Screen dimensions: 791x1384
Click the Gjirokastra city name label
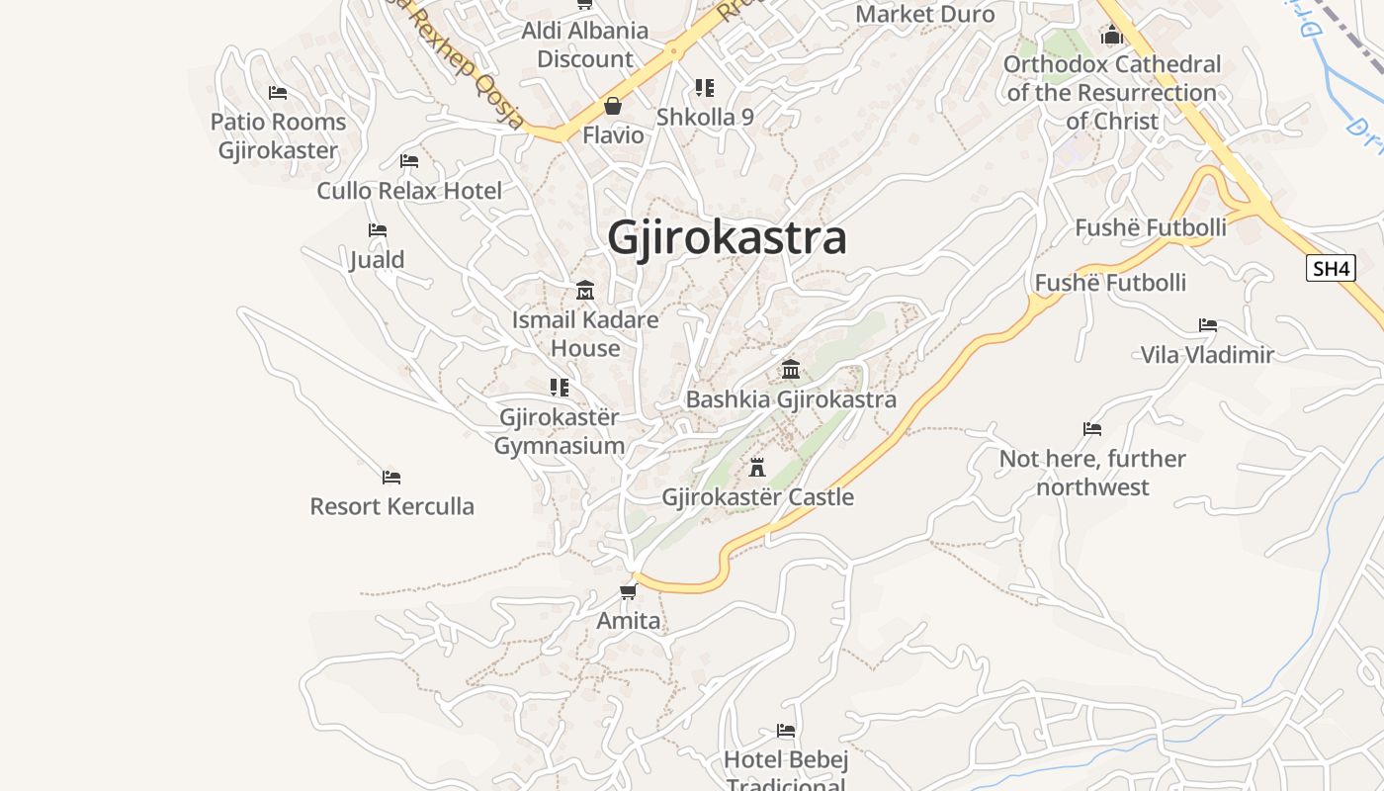click(x=727, y=238)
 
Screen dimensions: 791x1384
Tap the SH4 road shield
click(x=1330, y=268)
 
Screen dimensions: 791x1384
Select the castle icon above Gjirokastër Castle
click(x=757, y=467)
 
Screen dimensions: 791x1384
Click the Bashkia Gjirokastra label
click(x=791, y=399)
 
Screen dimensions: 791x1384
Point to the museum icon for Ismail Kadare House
click(x=585, y=291)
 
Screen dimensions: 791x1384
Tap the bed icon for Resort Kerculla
click(x=391, y=478)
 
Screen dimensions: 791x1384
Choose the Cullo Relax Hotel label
click(x=409, y=191)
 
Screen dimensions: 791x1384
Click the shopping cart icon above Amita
click(x=628, y=592)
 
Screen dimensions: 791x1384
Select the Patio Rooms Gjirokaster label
click(x=279, y=136)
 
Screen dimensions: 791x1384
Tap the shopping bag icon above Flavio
click(x=613, y=106)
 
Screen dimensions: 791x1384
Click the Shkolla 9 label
click(x=705, y=117)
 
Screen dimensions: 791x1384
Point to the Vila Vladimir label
click(x=1207, y=355)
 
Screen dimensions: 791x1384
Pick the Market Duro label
click(x=924, y=15)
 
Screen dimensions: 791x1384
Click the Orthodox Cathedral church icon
click(x=1112, y=36)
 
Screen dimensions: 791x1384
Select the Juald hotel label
click(x=377, y=260)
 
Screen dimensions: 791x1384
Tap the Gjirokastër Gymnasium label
click(x=560, y=431)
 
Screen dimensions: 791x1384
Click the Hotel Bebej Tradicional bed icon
click(x=786, y=731)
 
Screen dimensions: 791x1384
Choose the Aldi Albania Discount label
click(x=585, y=44)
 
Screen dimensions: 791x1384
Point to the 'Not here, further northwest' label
click(x=1092, y=473)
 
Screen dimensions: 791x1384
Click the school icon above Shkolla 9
click(x=705, y=88)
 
